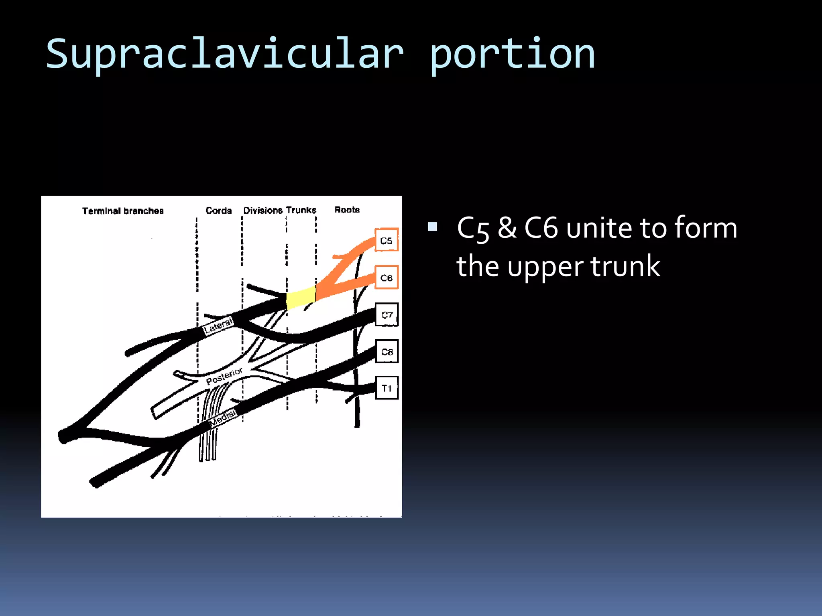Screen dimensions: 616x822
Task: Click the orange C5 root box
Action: click(x=386, y=240)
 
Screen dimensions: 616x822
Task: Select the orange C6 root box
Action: click(x=386, y=277)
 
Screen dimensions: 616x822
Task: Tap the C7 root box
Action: click(x=387, y=314)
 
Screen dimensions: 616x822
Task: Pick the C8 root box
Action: click(x=387, y=351)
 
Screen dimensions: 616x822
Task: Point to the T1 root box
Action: click(x=387, y=388)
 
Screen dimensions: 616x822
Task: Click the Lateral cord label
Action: click(x=218, y=326)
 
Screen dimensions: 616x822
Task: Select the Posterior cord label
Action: click(x=224, y=376)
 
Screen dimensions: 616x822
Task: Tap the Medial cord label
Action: click(x=223, y=417)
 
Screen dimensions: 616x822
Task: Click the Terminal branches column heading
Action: click(x=123, y=211)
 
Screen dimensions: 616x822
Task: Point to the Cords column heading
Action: click(x=218, y=210)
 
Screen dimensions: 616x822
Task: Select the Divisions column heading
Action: click(x=263, y=210)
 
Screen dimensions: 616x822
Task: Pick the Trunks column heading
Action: click(x=301, y=210)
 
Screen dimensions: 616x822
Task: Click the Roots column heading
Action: click(x=347, y=209)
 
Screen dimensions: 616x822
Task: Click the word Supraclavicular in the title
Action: click(x=225, y=54)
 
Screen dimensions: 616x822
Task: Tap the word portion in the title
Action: click(x=512, y=54)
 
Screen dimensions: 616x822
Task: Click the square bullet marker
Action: click(x=432, y=227)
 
